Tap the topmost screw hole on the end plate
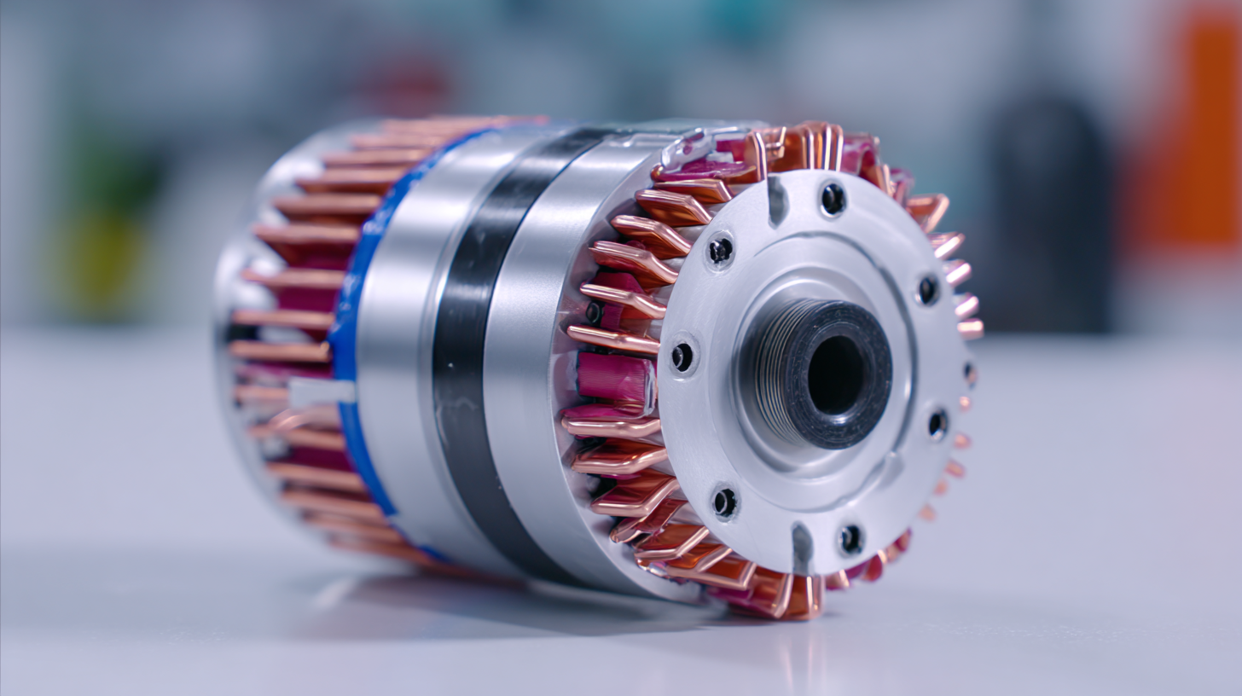833,199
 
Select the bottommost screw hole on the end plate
850,538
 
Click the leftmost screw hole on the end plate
682,357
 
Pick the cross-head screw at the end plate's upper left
720,250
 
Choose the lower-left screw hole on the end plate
724,502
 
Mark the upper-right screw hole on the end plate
927,290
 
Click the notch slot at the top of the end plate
777,200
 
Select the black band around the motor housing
478,358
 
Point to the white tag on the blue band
321,392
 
